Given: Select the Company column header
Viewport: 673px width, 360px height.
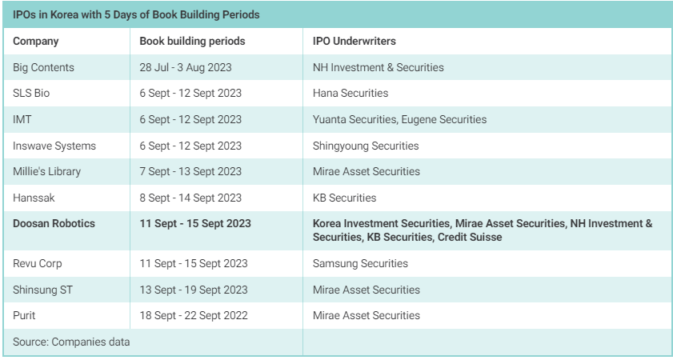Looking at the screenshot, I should pyautogui.click(x=35, y=41).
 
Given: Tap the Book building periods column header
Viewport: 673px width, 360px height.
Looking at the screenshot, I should pyautogui.click(x=192, y=41).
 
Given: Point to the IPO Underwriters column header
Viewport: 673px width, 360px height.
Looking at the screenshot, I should pyautogui.click(x=355, y=41).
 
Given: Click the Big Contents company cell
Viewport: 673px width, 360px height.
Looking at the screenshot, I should pyautogui.click(x=43, y=67).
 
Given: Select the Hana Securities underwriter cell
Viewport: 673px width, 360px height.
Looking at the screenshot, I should pyautogui.click(x=351, y=94).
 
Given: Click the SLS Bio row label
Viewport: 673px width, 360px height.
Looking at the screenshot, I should pyautogui.click(x=32, y=94).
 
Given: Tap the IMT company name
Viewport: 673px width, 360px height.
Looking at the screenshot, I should pyautogui.click(x=22, y=119).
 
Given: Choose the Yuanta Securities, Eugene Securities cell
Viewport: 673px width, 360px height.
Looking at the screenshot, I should pyautogui.click(x=399, y=119).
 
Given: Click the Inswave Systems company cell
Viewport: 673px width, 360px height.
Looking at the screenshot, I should pyautogui.click(x=54, y=146).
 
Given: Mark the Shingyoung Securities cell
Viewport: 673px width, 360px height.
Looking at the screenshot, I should pyautogui.click(x=366, y=146).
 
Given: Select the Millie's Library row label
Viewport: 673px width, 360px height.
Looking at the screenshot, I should pyautogui.click(x=46, y=171).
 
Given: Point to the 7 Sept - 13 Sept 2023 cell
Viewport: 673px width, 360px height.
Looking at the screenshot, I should pyautogui.click(x=190, y=171).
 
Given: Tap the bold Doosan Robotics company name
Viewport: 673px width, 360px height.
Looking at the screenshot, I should pyautogui.click(x=54, y=223).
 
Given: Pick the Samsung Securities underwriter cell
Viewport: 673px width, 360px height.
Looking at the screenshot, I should pyautogui.click(x=360, y=263).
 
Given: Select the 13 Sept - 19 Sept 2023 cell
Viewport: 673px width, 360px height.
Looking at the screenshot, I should pyautogui.click(x=194, y=290).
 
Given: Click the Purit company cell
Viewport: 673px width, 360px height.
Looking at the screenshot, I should pyautogui.click(x=25, y=315).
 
